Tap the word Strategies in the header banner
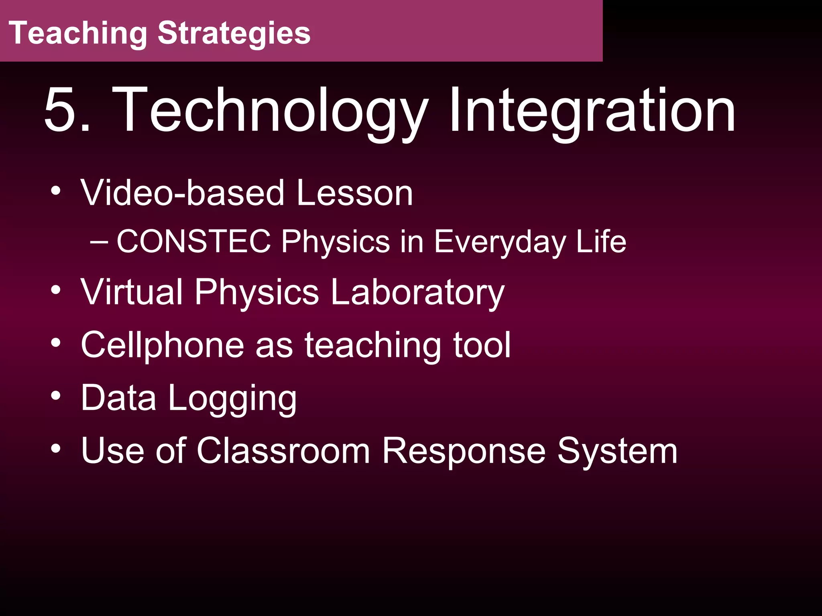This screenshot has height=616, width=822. (234, 34)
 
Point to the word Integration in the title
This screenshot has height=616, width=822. (592, 111)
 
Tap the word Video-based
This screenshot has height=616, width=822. (183, 193)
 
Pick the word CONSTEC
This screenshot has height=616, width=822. (194, 241)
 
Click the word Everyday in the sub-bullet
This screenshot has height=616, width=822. (500, 242)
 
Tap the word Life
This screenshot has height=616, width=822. (601, 241)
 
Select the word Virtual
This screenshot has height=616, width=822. (132, 292)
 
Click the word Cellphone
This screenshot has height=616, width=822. (162, 345)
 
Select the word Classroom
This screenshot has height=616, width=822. (283, 451)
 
